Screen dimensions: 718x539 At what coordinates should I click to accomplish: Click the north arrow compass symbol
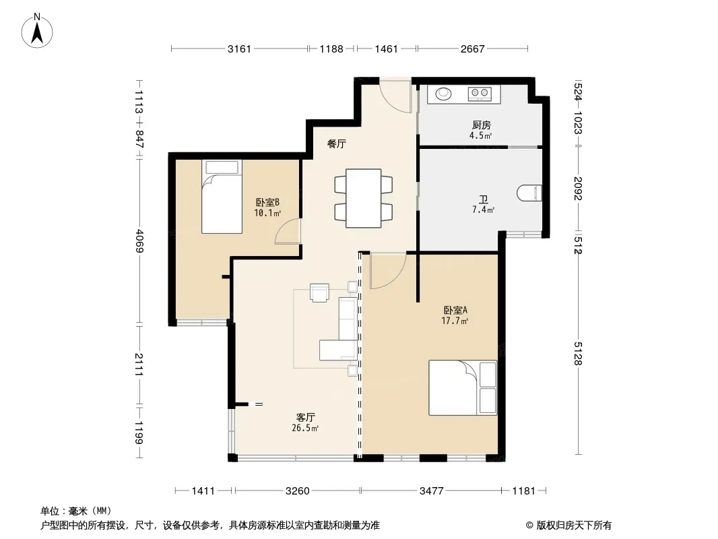[x=37, y=31]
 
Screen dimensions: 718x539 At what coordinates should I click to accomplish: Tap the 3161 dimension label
[x=240, y=49]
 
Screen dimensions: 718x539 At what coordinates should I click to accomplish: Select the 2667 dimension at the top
[x=473, y=49]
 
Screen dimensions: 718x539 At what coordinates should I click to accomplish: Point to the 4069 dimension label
[x=139, y=241]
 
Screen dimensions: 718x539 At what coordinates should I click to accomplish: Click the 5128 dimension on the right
[x=578, y=354]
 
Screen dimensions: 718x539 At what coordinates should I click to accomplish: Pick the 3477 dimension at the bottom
[x=431, y=491]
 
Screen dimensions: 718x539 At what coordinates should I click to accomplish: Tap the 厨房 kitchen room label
[x=482, y=125]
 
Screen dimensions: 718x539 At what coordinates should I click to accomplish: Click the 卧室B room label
[x=267, y=202]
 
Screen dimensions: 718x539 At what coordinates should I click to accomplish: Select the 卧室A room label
[x=455, y=310]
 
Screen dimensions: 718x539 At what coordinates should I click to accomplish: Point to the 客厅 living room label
[x=305, y=417]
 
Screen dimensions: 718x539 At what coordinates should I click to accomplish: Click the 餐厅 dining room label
[x=337, y=144]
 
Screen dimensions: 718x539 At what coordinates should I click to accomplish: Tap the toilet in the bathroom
[x=530, y=193]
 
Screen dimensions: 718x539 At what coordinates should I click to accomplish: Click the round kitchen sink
[x=443, y=94]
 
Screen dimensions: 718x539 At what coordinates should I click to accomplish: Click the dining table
[x=364, y=198]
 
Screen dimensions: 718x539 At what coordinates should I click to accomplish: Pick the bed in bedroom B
[x=222, y=197]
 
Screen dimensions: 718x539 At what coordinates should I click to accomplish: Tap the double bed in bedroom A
[x=463, y=388]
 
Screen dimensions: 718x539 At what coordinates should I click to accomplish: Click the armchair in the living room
[x=319, y=293]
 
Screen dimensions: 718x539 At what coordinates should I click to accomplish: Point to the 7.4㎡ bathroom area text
[x=483, y=210]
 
